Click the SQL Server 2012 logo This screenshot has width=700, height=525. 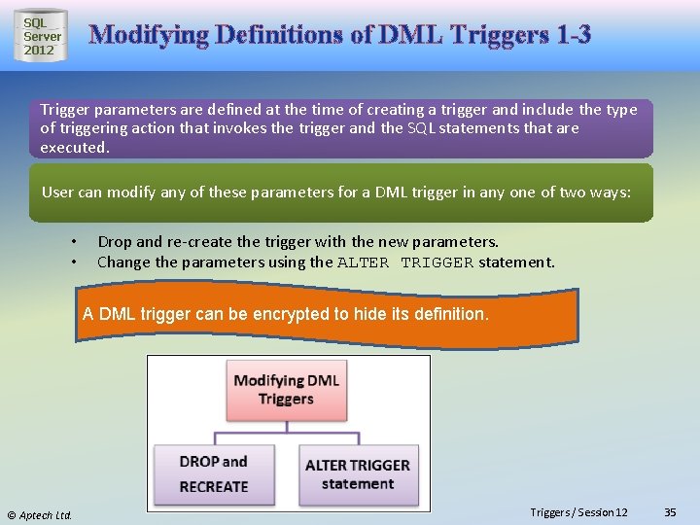[x=41, y=36]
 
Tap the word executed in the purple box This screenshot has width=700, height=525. [x=74, y=148]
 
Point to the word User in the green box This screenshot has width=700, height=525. [x=57, y=192]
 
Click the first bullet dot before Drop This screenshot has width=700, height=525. [x=74, y=242]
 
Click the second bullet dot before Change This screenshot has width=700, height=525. [x=74, y=262]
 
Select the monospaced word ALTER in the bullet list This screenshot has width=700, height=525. [x=364, y=262]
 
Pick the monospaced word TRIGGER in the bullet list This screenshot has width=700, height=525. [x=437, y=262]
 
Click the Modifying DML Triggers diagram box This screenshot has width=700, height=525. [x=286, y=390]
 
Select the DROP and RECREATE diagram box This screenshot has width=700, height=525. [x=214, y=473]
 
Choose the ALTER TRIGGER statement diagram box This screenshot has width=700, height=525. [x=357, y=473]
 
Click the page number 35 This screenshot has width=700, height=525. [x=670, y=512]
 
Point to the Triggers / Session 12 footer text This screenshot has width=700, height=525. [x=578, y=512]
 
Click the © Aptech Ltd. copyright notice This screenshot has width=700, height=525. [x=40, y=514]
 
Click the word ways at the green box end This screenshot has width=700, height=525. [x=610, y=192]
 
